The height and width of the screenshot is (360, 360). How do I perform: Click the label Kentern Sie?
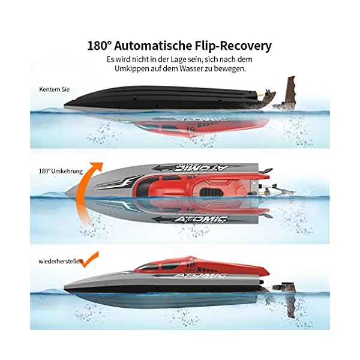point(50,89)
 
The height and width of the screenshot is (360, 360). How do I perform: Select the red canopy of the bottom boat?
point(180,263)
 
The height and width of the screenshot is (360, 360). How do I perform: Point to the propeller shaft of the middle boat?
point(282,191)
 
